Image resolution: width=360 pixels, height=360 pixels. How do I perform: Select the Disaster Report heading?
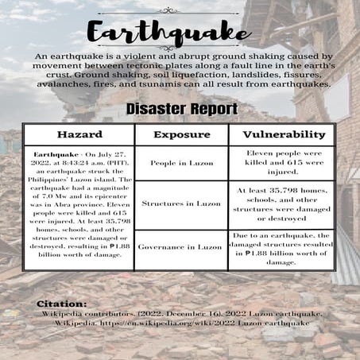coord(179,108)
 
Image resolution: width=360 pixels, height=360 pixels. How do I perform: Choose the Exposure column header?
coord(181,134)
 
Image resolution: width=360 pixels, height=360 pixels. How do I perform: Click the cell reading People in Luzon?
coord(181,162)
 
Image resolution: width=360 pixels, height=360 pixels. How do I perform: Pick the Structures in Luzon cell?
coord(181,203)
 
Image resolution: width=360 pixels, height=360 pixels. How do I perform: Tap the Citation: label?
coord(61,304)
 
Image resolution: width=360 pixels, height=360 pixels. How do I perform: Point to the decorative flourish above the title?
coord(179,10)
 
